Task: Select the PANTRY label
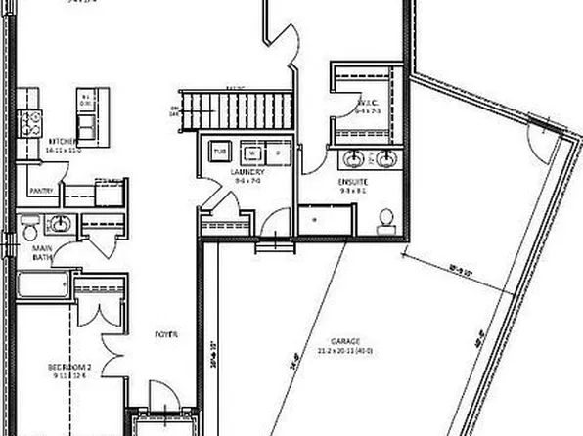(40, 192)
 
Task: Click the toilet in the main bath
(30, 228)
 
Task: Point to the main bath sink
(60, 225)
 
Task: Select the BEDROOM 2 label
(68, 368)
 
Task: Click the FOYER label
(165, 335)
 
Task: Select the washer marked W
(251, 153)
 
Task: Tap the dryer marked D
(277, 153)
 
